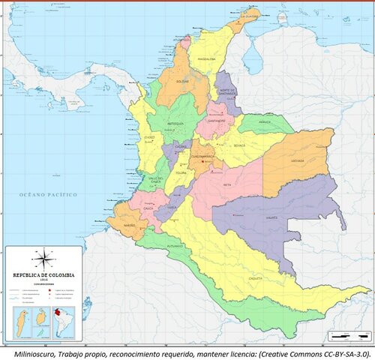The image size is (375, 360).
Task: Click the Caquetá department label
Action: click(256, 277)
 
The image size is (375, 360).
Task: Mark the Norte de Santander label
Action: click(227, 93)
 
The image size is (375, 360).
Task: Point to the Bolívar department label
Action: click(182, 80)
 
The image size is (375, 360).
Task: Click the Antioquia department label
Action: click(175, 123)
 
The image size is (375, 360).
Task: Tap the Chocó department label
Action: click(149, 138)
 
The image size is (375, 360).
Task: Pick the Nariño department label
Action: click(129, 223)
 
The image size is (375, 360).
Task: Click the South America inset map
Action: click(59, 319)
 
